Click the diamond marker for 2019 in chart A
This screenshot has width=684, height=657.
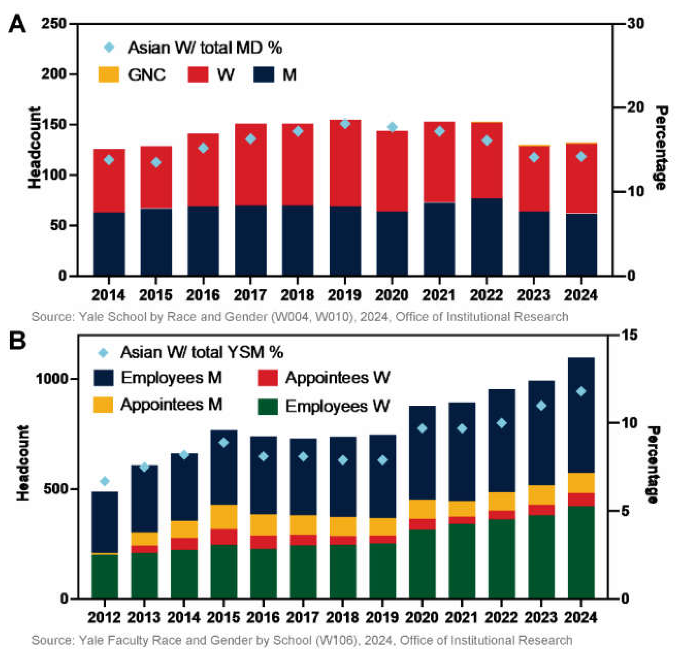tap(345, 124)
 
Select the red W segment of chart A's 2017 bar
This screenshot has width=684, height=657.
tap(250, 164)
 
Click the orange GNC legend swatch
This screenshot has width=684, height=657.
tap(109, 75)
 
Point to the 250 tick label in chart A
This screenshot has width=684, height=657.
tap(53, 24)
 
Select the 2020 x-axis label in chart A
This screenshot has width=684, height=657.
tap(392, 295)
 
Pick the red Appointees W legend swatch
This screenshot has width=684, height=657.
tap(268, 378)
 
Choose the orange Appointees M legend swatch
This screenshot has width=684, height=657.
tap(103, 405)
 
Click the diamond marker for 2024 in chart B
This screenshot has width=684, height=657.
tap(581, 392)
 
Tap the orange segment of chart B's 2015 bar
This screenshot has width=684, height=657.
tap(224, 517)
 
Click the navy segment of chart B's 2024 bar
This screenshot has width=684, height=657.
tap(581, 415)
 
